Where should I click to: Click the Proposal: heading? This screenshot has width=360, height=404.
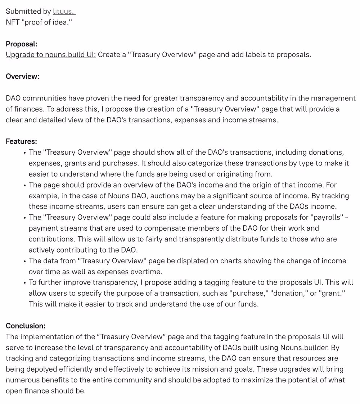point(22,44)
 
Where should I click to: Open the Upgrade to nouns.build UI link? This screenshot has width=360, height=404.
point(51,55)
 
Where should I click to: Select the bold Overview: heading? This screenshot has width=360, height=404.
point(22,76)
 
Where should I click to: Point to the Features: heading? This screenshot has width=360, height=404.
point(21,141)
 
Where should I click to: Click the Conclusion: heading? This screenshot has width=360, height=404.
point(26,326)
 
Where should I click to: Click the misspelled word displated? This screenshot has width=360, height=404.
point(191,261)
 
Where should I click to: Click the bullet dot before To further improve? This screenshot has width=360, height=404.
point(24,283)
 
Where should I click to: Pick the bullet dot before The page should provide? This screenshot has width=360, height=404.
point(24,185)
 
